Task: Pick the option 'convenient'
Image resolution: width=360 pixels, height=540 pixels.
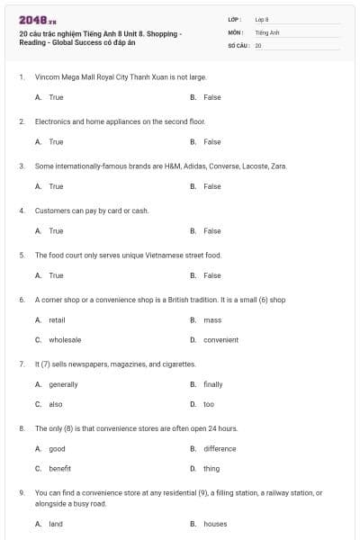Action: [220, 340]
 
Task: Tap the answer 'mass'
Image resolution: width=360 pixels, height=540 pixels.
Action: [212, 319]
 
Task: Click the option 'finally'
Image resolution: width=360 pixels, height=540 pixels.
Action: [213, 384]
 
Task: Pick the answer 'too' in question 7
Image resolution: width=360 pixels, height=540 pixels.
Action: [209, 404]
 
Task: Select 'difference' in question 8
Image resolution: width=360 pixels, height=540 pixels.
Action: [220, 448]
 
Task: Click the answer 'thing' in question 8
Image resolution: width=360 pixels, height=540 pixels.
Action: [211, 469]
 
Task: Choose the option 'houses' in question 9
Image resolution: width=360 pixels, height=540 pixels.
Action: [215, 524]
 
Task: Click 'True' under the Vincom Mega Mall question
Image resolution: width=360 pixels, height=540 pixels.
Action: [56, 96]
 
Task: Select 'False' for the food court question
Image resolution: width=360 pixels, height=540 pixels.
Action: [212, 275]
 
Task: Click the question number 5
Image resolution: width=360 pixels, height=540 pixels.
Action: [22, 255]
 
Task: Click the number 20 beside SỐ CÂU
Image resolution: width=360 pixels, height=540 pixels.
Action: [258, 44]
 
